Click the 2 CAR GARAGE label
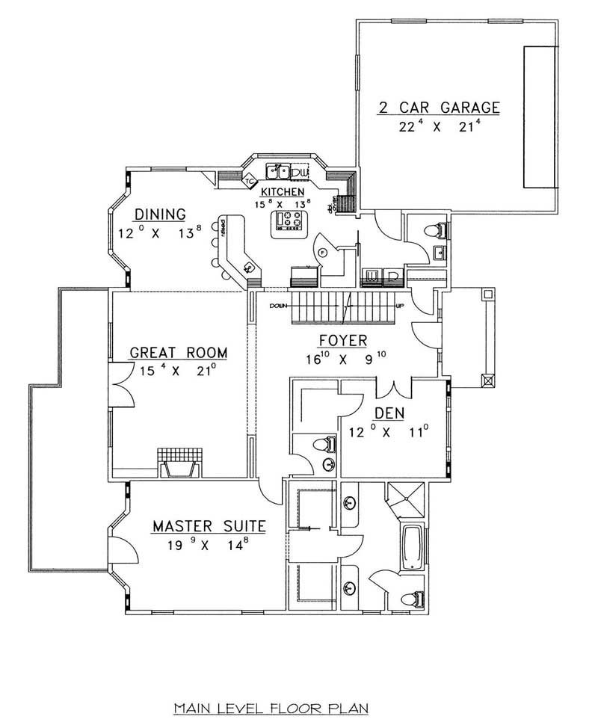pos(438,107)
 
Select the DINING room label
pos(161,215)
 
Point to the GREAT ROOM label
pos(178,352)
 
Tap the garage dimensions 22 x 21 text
pos(438,127)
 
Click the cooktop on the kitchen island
pos(288,220)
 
